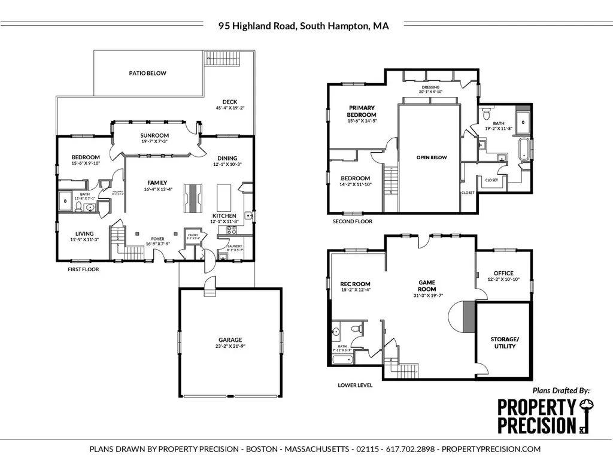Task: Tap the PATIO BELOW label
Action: pos(148,73)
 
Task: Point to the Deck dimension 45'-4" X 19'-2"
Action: pos(230,108)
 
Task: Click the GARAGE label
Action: pos(230,340)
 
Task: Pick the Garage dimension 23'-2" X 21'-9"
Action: pos(230,347)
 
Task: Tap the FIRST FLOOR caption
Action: pos(83,269)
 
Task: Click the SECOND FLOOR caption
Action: pos(353,222)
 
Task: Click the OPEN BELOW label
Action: pos(432,157)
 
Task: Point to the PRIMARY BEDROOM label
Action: pos(362,111)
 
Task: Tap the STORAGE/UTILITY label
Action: pos(505,343)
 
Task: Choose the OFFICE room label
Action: pos(503,273)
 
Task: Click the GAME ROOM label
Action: pos(426,285)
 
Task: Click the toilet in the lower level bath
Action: pos(356,329)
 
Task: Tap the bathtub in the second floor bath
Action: pos(525,148)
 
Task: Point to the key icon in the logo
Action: pos(584,415)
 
